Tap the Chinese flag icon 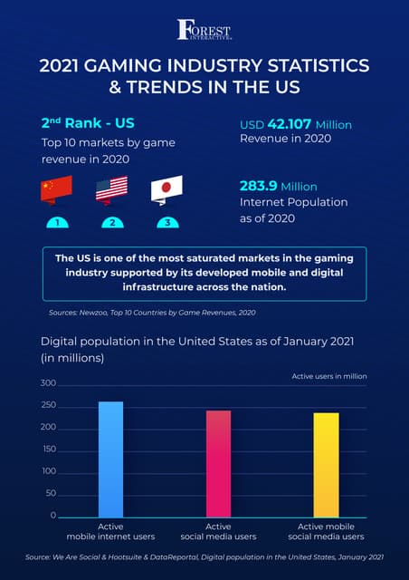(x=56, y=190)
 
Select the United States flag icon (x=111, y=188)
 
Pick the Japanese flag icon (x=166, y=188)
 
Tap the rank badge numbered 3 (x=166, y=222)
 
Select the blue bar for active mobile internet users (x=110, y=459)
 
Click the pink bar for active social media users (x=218, y=463)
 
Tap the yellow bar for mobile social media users (x=326, y=464)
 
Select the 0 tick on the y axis (x=52, y=516)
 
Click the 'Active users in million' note (x=328, y=375)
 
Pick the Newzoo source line (x=152, y=313)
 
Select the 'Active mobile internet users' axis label (x=110, y=532)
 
